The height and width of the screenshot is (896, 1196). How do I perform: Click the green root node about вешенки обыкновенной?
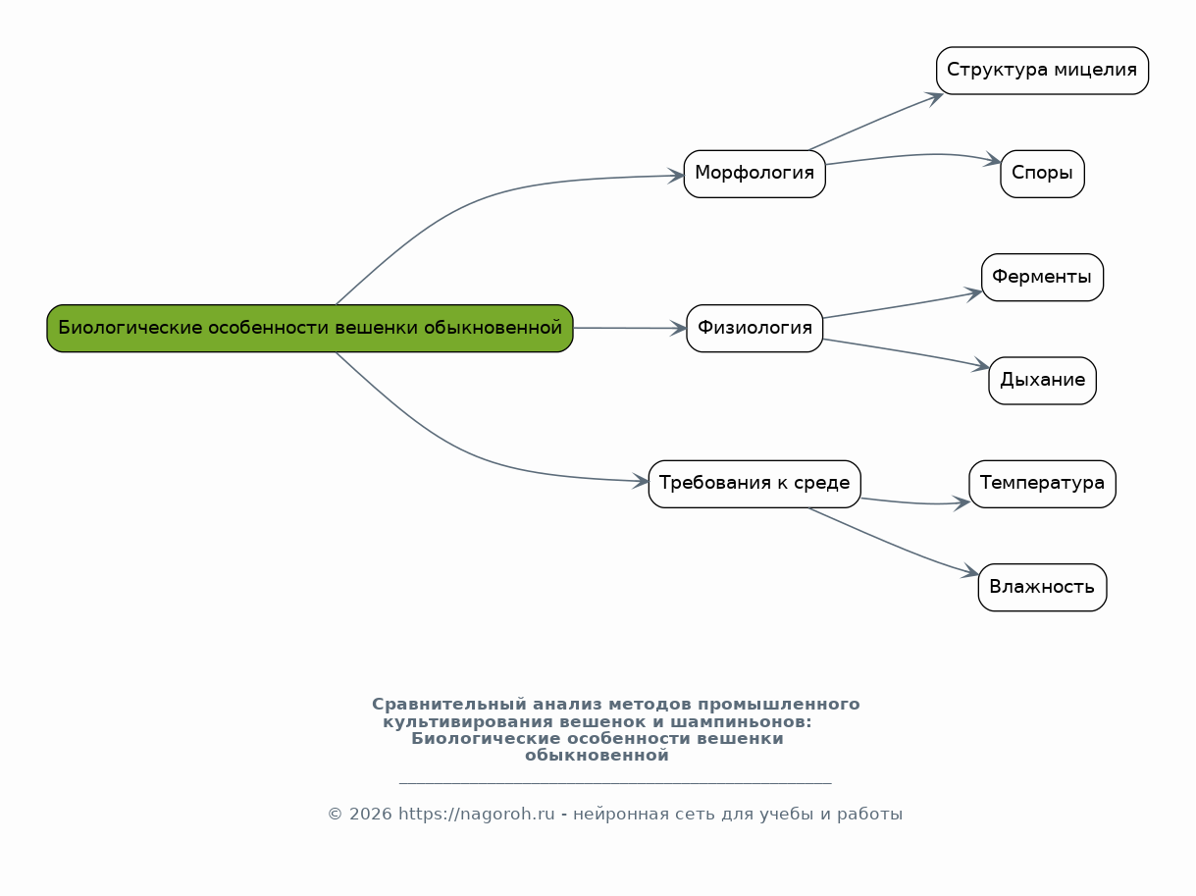tap(309, 328)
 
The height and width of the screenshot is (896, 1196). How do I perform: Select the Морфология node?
tap(754, 174)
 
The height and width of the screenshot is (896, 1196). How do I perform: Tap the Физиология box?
tap(754, 328)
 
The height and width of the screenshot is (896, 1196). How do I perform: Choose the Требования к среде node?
tap(754, 484)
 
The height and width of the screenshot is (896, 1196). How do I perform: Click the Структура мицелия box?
tap(1042, 71)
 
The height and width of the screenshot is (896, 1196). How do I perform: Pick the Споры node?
tap(1042, 174)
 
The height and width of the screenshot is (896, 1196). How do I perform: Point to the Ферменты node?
tap(1042, 278)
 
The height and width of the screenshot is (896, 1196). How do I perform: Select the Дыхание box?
tap(1042, 381)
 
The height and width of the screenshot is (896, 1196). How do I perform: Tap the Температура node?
tap(1042, 484)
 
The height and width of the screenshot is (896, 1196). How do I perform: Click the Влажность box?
tap(1042, 588)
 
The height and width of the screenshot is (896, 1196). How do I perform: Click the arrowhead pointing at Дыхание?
tap(981, 366)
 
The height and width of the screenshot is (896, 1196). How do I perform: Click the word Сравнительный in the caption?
tap(449, 705)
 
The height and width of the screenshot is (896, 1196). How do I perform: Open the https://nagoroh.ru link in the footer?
tap(476, 814)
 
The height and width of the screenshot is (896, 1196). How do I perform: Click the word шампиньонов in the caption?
tap(741, 721)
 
